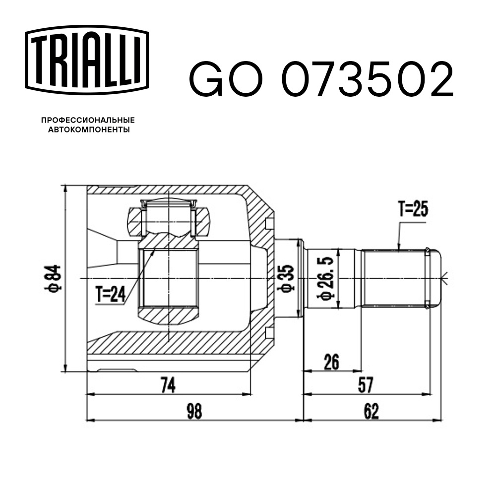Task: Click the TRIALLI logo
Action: pyautogui.click(x=87, y=60)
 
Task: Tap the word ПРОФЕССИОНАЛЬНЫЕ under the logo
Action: pyautogui.click(x=88, y=120)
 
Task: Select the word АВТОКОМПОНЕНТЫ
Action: pyautogui.click(x=89, y=129)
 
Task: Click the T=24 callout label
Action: pyautogui.click(x=111, y=294)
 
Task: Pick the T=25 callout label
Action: pyautogui.click(x=413, y=209)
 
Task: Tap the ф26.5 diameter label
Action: pyautogui.click(x=326, y=278)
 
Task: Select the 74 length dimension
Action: pyautogui.click(x=168, y=385)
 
